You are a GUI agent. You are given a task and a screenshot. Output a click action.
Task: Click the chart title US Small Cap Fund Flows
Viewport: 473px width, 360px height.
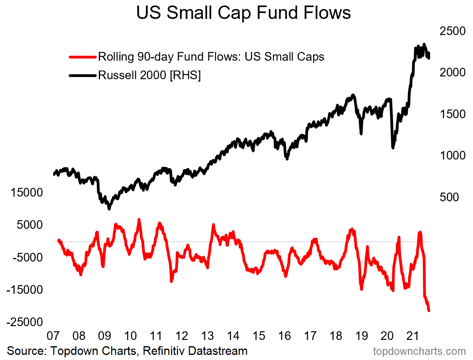243,13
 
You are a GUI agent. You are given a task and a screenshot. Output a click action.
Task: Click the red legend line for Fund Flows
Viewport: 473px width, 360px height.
82,57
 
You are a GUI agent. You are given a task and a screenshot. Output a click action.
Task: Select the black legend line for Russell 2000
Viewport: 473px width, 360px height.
82,75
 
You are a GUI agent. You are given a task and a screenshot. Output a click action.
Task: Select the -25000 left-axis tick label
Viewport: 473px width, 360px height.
24,322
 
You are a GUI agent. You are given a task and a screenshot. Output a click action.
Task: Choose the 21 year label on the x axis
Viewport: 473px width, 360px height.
412,336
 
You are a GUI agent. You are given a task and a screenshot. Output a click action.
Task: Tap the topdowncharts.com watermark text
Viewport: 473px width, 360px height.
419,351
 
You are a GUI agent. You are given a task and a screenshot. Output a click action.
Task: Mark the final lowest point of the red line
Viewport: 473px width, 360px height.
428,311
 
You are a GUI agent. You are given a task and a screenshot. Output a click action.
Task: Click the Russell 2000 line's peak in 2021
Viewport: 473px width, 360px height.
424,44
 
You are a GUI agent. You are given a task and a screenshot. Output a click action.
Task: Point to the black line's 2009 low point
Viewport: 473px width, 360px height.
109,209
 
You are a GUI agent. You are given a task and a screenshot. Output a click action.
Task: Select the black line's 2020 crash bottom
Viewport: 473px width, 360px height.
393,148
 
